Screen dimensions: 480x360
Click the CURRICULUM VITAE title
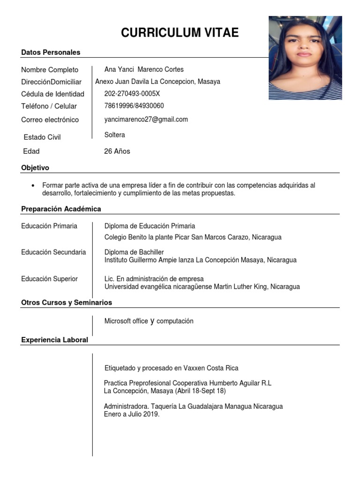tap(180, 32)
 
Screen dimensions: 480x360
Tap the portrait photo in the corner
tap(305, 58)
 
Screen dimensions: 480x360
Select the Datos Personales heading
tap(51, 52)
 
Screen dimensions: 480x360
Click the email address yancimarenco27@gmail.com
tap(146, 120)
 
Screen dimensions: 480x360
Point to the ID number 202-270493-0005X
tap(132, 94)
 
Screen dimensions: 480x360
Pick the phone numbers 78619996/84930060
tap(134, 106)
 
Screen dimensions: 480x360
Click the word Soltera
tap(115, 135)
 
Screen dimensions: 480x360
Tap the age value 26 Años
tap(117, 151)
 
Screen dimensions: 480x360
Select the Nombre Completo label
tap(50, 70)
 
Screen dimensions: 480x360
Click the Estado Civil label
tap(42, 137)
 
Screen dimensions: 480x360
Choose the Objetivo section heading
tap(35, 168)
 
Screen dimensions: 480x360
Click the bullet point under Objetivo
tap(33, 186)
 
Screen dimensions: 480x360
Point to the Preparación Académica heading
tap(61, 209)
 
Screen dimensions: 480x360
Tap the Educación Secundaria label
tap(53, 252)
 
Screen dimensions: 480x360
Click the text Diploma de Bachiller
tap(134, 252)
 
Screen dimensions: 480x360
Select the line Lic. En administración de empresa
tap(155, 279)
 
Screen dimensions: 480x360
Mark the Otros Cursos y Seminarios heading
tap(67, 303)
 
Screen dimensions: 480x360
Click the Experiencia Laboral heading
tap(54, 340)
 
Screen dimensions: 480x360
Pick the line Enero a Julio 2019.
tap(132, 414)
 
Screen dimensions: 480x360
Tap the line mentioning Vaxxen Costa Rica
tap(171, 368)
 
